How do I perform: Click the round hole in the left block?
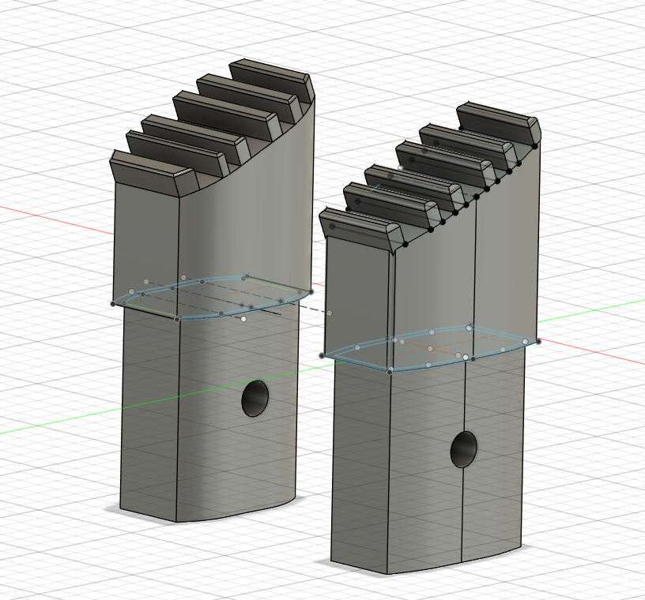tap(255, 399)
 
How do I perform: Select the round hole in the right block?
tap(464, 449)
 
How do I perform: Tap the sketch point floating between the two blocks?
tap(329, 313)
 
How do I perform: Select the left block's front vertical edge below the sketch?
tap(176, 418)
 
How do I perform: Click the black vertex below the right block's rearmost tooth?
tap(535, 146)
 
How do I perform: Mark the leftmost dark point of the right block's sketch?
tap(322, 356)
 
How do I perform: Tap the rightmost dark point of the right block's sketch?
tap(538, 342)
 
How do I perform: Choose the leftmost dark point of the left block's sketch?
tap(113, 304)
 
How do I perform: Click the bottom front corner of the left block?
tap(175, 521)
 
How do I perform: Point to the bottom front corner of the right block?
tap(387, 574)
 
